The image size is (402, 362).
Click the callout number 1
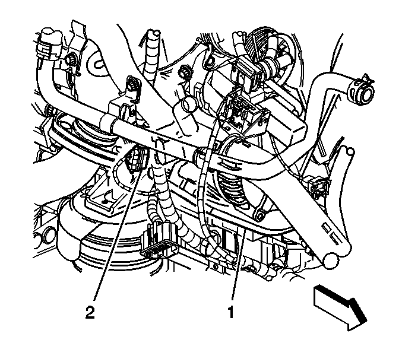click(x=231, y=312)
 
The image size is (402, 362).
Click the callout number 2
click(x=90, y=312)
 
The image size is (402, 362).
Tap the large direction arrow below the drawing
click(x=340, y=307)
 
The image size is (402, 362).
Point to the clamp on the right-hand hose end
click(x=354, y=87)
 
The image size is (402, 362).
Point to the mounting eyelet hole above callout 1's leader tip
click(x=259, y=214)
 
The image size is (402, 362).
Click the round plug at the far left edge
click(x=49, y=235)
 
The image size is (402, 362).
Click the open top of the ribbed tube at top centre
click(x=154, y=33)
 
